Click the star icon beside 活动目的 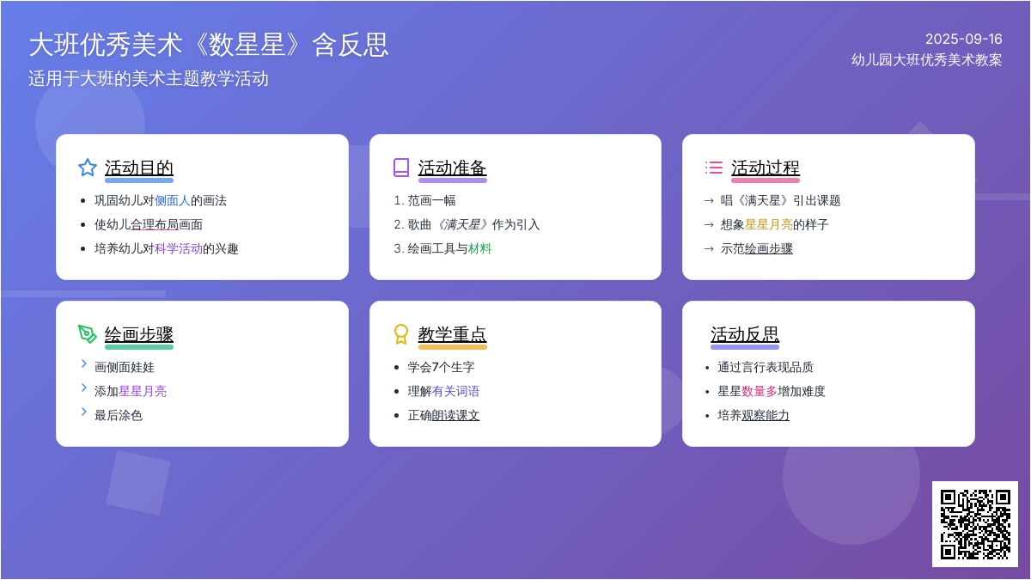click(x=88, y=168)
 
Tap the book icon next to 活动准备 click(x=401, y=168)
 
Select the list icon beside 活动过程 click(x=713, y=168)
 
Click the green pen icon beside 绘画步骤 click(x=88, y=334)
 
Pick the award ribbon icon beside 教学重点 click(x=401, y=334)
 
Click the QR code click(x=975, y=524)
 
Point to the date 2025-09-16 click(x=964, y=40)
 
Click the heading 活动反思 click(x=745, y=334)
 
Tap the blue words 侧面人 click(x=172, y=201)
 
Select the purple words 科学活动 click(x=179, y=249)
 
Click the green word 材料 click(x=480, y=249)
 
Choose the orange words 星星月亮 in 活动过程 click(x=769, y=224)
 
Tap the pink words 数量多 click(x=760, y=391)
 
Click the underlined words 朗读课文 click(x=455, y=416)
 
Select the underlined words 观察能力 click(x=766, y=416)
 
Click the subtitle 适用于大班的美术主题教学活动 click(x=148, y=78)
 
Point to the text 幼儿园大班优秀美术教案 click(x=926, y=60)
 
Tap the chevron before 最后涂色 click(x=84, y=412)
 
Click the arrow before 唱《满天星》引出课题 click(x=709, y=201)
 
